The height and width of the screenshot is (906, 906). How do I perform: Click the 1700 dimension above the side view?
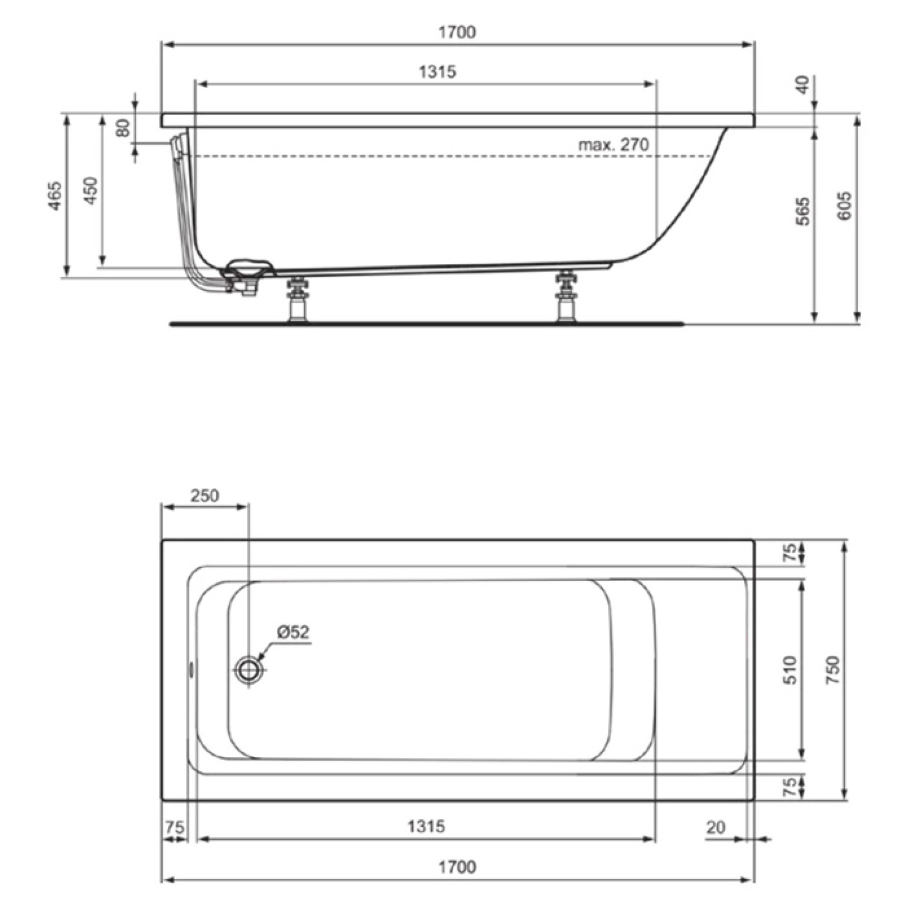click(x=457, y=32)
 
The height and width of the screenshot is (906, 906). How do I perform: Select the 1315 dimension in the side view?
click(x=438, y=72)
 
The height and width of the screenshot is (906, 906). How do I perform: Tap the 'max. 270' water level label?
click(x=613, y=145)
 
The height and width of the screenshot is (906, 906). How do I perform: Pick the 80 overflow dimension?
click(x=123, y=128)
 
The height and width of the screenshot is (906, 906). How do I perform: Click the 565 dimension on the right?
click(x=803, y=211)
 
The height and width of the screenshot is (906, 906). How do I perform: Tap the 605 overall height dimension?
click(x=845, y=206)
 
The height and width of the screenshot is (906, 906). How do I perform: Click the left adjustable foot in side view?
click(x=297, y=299)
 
